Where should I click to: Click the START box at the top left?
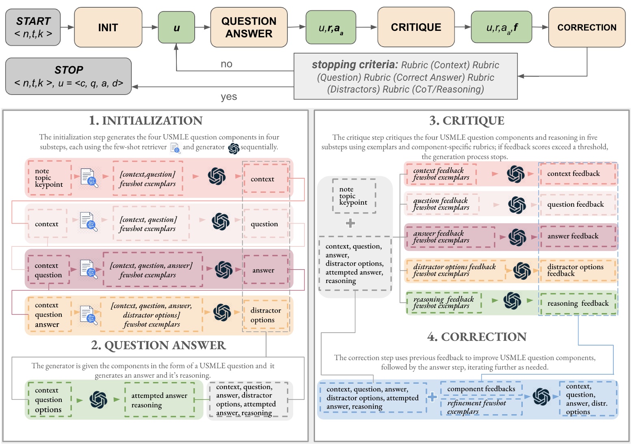click(x=33, y=27)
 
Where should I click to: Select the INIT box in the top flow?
click(x=108, y=27)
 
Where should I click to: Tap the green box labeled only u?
click(x=176, y=28)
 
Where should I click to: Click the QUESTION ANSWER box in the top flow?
click(x=249, y=27)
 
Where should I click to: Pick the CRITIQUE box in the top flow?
click(x=416, y=27)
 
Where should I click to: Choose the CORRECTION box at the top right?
click(x=586, y=27)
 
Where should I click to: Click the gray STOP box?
click(x=68, y=76)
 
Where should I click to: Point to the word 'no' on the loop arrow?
click(x=226, y=64)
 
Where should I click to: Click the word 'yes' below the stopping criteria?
click(x=229, y=97)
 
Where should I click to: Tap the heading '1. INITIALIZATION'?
click(x=146, y=121)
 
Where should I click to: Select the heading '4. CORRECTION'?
click(x=477, y=337)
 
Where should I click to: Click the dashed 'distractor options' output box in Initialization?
click(x=266, y=315)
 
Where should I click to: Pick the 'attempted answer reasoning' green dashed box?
click(x=159, y=400)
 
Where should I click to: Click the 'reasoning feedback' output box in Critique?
click(x=578, y=303)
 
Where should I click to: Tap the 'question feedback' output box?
click(x=576, y=204)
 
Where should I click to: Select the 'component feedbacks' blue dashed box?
click(x=481, y=389)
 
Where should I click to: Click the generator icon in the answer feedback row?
click(x=517, y=237)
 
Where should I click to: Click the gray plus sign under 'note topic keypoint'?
click(x=350, y=223)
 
